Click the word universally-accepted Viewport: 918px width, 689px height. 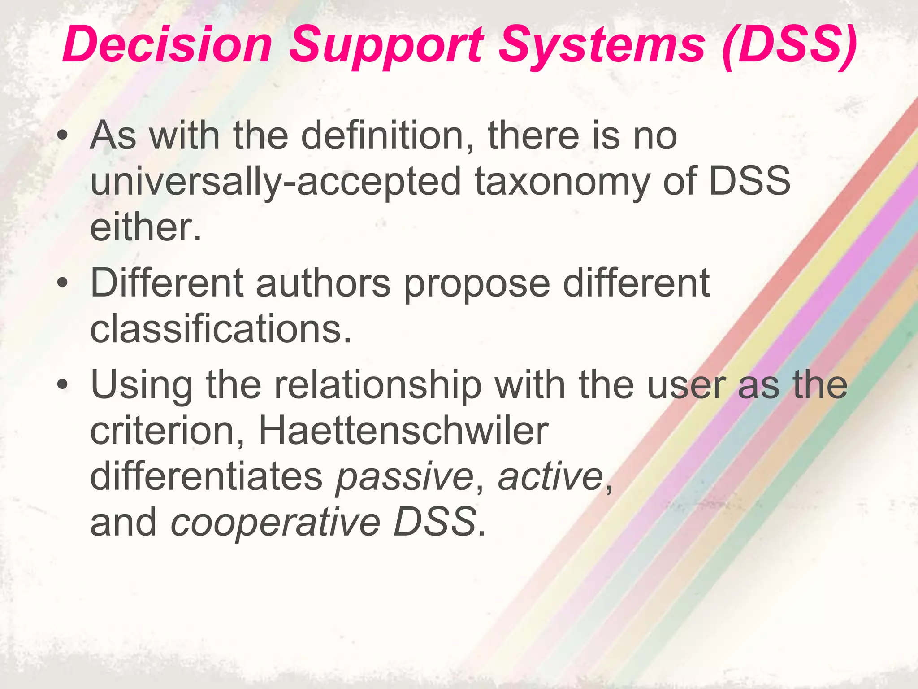pos(275,182)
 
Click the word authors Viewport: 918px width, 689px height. pos(323,283)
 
